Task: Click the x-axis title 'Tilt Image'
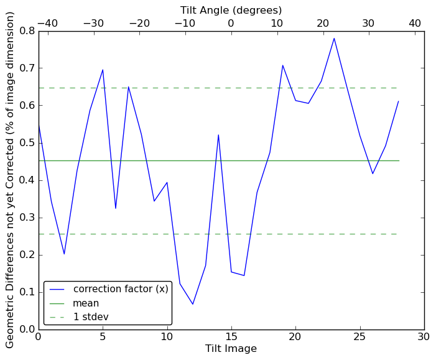[x=231, y=349]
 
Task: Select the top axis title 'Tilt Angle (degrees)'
[x=231, y=10]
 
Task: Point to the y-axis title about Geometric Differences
[x=11, y=180]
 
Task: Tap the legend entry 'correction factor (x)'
[x=121, y=289]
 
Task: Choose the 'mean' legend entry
[x=86, y=303]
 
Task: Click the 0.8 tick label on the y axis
[x=26, y=30]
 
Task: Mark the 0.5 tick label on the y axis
[x=26, y=143]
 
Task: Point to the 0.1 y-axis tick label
[x=26, y=292]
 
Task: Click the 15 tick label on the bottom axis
[x=231, y=337]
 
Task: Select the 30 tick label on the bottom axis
[x=424, y=337]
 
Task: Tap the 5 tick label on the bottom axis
[x=103, y=337]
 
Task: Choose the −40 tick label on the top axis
[x=47, y=23]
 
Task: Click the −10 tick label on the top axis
[x=185, y=23]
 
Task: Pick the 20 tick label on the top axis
[x=323, y=23]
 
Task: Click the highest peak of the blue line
[x=334, y=39]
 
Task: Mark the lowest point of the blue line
[x=193, y=304]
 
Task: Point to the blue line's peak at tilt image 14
[x=218, y=135]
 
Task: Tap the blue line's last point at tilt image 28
[x=398, y=101]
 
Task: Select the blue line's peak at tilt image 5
[x=103, y=70]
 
